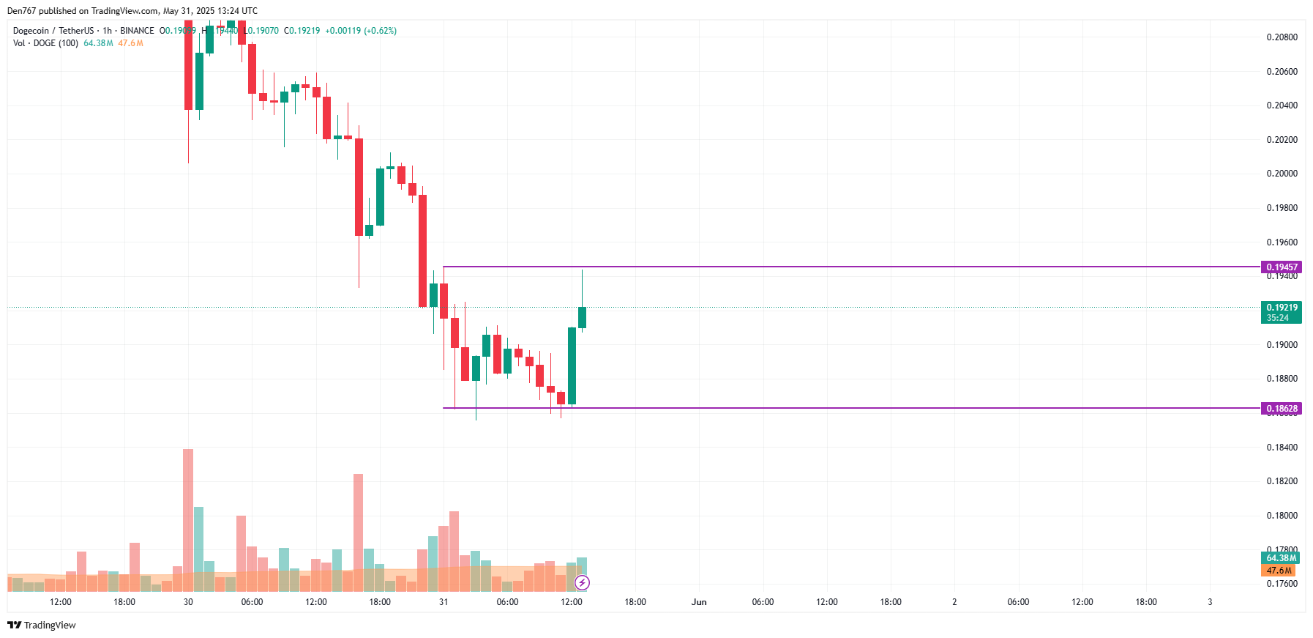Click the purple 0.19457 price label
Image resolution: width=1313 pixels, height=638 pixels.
1281,267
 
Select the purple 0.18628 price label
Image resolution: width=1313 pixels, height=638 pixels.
1281,409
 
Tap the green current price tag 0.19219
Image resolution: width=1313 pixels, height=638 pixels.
1281,308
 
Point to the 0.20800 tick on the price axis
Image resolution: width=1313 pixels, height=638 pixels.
1282,37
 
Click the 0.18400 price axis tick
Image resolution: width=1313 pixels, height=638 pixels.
1282,448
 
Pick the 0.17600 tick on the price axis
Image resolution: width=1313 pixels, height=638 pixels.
1282,584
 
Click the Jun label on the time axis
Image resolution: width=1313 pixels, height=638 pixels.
699,602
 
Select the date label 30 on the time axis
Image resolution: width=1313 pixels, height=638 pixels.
188,602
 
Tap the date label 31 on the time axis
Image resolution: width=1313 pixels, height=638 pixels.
444,602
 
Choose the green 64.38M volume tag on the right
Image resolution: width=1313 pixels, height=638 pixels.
1281,558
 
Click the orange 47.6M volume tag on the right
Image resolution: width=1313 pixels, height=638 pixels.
1279,571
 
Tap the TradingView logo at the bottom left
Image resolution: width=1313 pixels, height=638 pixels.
42,625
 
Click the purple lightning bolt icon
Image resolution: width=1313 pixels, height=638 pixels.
582,583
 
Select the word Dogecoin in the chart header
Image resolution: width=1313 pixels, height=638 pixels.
31,31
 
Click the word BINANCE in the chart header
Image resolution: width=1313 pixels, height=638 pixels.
137,31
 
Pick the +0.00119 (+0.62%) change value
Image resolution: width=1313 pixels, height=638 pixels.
361,31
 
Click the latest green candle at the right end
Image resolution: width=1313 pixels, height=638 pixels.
583,317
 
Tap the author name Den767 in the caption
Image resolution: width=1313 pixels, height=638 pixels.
21,11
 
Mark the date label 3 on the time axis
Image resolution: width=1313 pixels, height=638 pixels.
1210,602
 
